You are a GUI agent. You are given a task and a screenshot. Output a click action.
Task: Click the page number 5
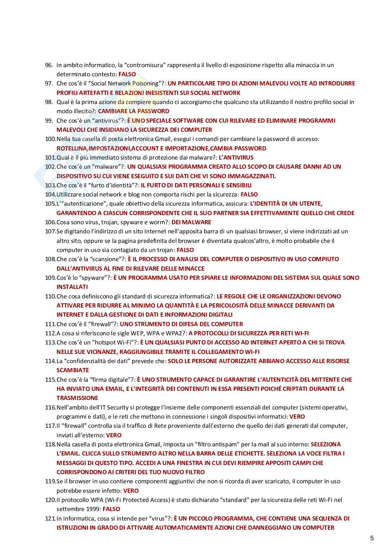(372, 538)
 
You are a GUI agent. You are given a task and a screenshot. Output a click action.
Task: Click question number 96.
(49, 65)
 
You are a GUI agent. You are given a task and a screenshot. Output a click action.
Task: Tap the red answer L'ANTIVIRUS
(236, 157)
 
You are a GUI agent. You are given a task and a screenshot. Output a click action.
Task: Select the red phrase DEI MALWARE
(191, 222)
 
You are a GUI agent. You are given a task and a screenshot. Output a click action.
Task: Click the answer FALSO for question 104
(249, 194)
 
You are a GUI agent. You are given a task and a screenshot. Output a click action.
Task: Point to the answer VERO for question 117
(113, 435)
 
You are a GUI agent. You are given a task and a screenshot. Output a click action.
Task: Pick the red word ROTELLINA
(72, 148)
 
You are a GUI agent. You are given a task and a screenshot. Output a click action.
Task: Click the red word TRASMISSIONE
(77, 398)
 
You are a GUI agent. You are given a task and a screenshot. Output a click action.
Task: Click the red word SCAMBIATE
(73, 370)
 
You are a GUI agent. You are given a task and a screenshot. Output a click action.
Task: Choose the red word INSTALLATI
(72, 287)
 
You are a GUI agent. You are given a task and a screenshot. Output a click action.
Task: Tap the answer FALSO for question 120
(111, 509)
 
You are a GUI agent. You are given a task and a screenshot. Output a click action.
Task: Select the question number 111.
(50, 324)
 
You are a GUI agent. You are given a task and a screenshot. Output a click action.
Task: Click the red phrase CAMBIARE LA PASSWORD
(133, 111)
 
